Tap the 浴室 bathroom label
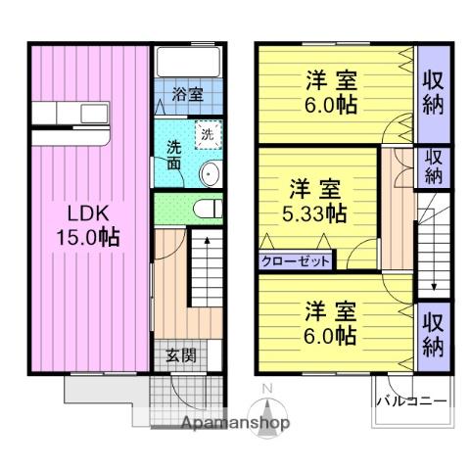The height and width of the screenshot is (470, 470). pos(188,95)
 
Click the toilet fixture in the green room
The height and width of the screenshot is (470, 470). pos(205,208)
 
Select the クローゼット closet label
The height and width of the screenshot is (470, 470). pos(296,260)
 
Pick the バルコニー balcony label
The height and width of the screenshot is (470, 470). pos(411,401)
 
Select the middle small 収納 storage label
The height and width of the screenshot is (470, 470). pos(433,165)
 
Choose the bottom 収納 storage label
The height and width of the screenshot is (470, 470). pos(433,334)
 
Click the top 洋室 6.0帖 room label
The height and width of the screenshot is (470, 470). pos(330,90)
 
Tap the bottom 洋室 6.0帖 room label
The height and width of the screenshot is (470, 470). pos(330,320)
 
